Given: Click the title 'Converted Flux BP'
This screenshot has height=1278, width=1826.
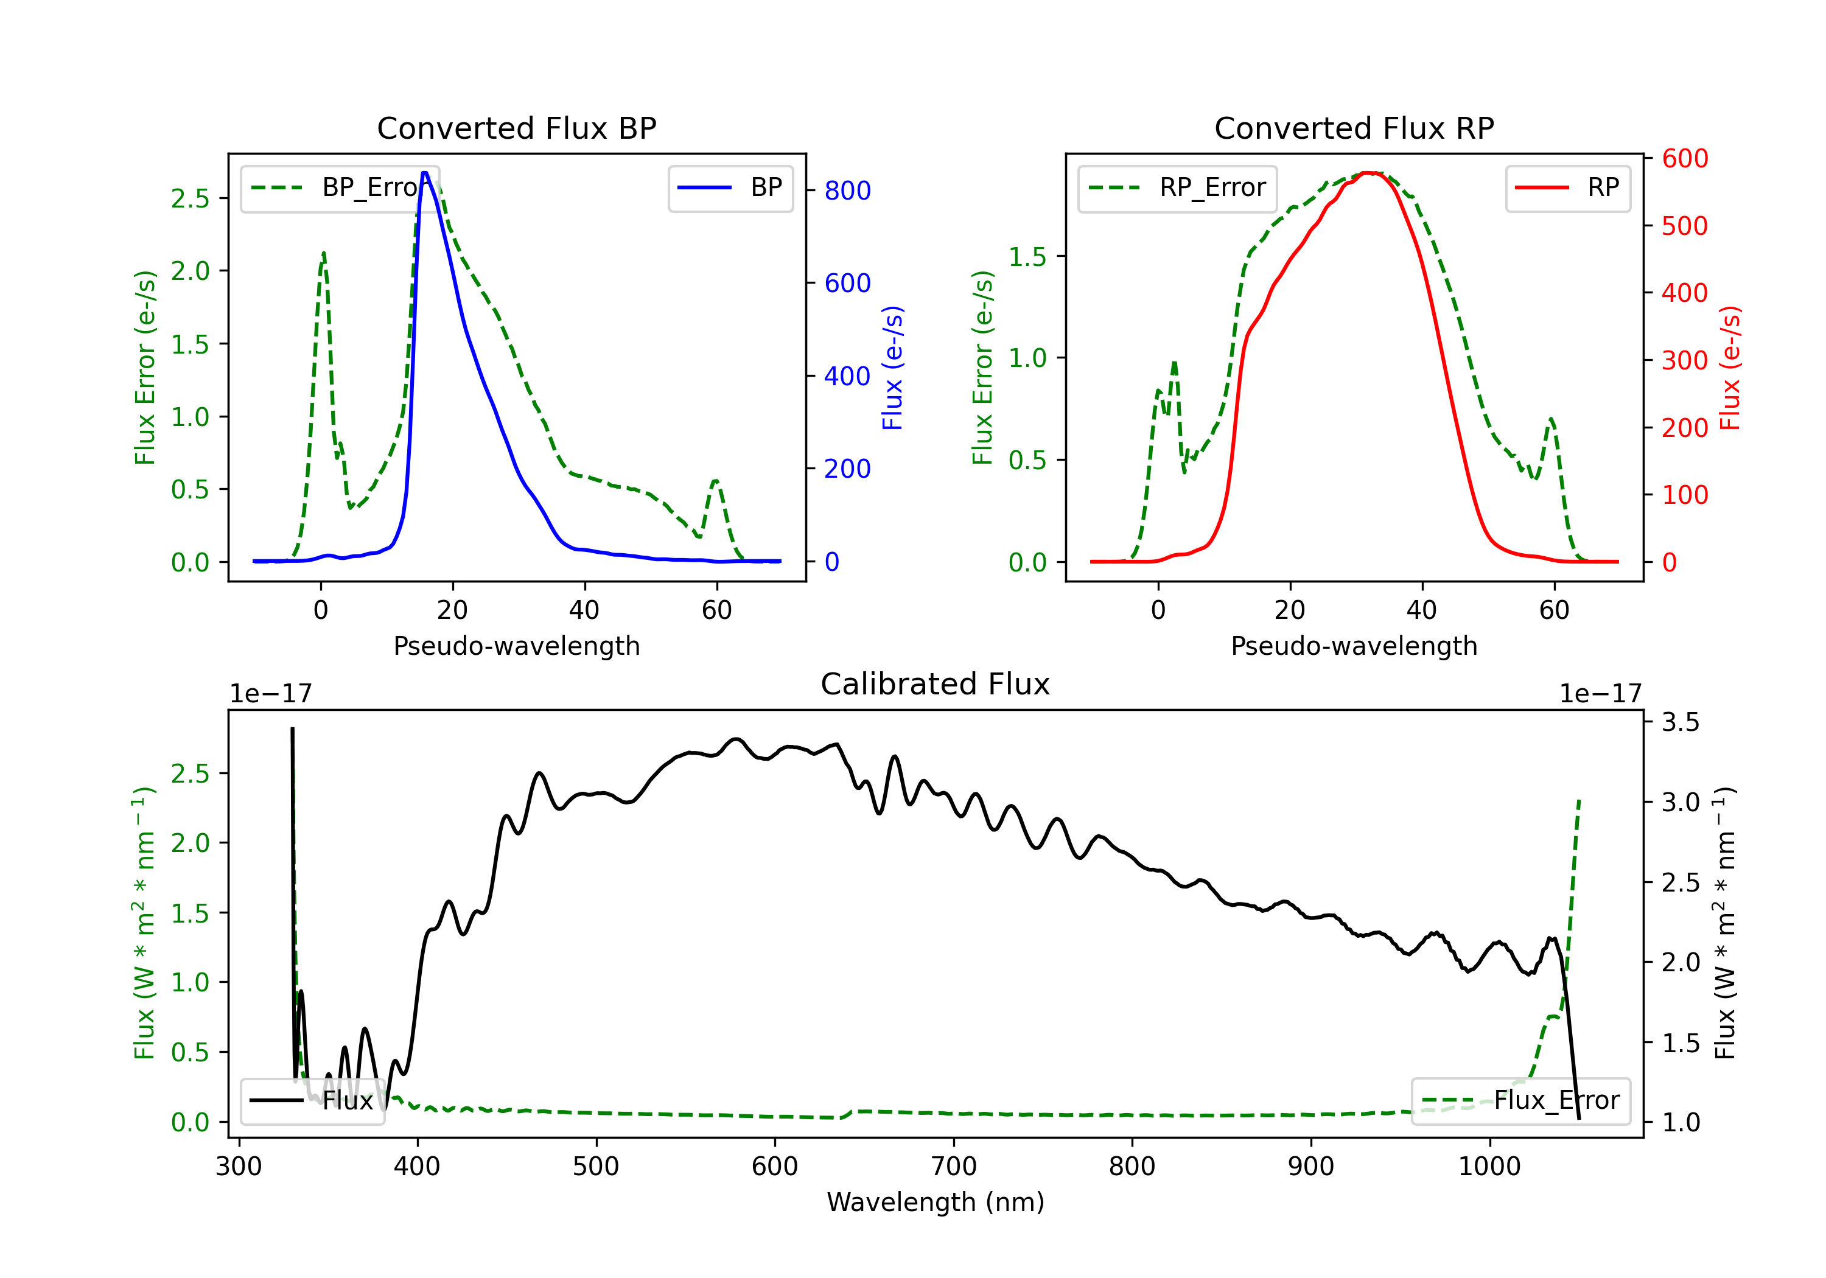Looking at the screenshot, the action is tap(516, 128).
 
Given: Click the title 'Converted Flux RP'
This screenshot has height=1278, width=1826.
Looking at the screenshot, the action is tap(1354, 128).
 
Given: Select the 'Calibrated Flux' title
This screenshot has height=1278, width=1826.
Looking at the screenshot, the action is tap(936, 684).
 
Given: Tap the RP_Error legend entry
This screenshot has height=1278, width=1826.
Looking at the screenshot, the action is tap(1177, 187).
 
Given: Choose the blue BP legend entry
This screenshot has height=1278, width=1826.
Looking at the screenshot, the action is tap(730, 187).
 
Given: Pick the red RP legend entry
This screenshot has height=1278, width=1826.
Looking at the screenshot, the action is tap(1567, 187).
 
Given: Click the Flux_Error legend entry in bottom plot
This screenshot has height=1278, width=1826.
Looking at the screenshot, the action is tap(1520, 1101).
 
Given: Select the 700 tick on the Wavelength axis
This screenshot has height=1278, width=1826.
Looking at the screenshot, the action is tap(954, 1167).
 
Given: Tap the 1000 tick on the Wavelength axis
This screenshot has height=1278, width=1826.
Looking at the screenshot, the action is tap(1489, 1167).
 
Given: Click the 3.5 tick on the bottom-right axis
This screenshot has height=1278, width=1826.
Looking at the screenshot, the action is tap(1681, 722).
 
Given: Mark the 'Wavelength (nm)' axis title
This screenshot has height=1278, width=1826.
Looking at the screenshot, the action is tap(936, 1203).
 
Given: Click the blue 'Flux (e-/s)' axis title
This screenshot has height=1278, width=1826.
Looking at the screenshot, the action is tap(892, 368).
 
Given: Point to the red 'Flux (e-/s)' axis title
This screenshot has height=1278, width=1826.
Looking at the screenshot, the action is tap(1730, 368).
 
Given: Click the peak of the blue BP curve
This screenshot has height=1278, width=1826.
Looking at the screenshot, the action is tap(425, 173).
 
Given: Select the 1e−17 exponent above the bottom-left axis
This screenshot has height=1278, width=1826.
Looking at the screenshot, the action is tap(270, 694).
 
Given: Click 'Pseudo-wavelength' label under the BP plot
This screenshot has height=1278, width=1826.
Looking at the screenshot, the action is tap(516, 646).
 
